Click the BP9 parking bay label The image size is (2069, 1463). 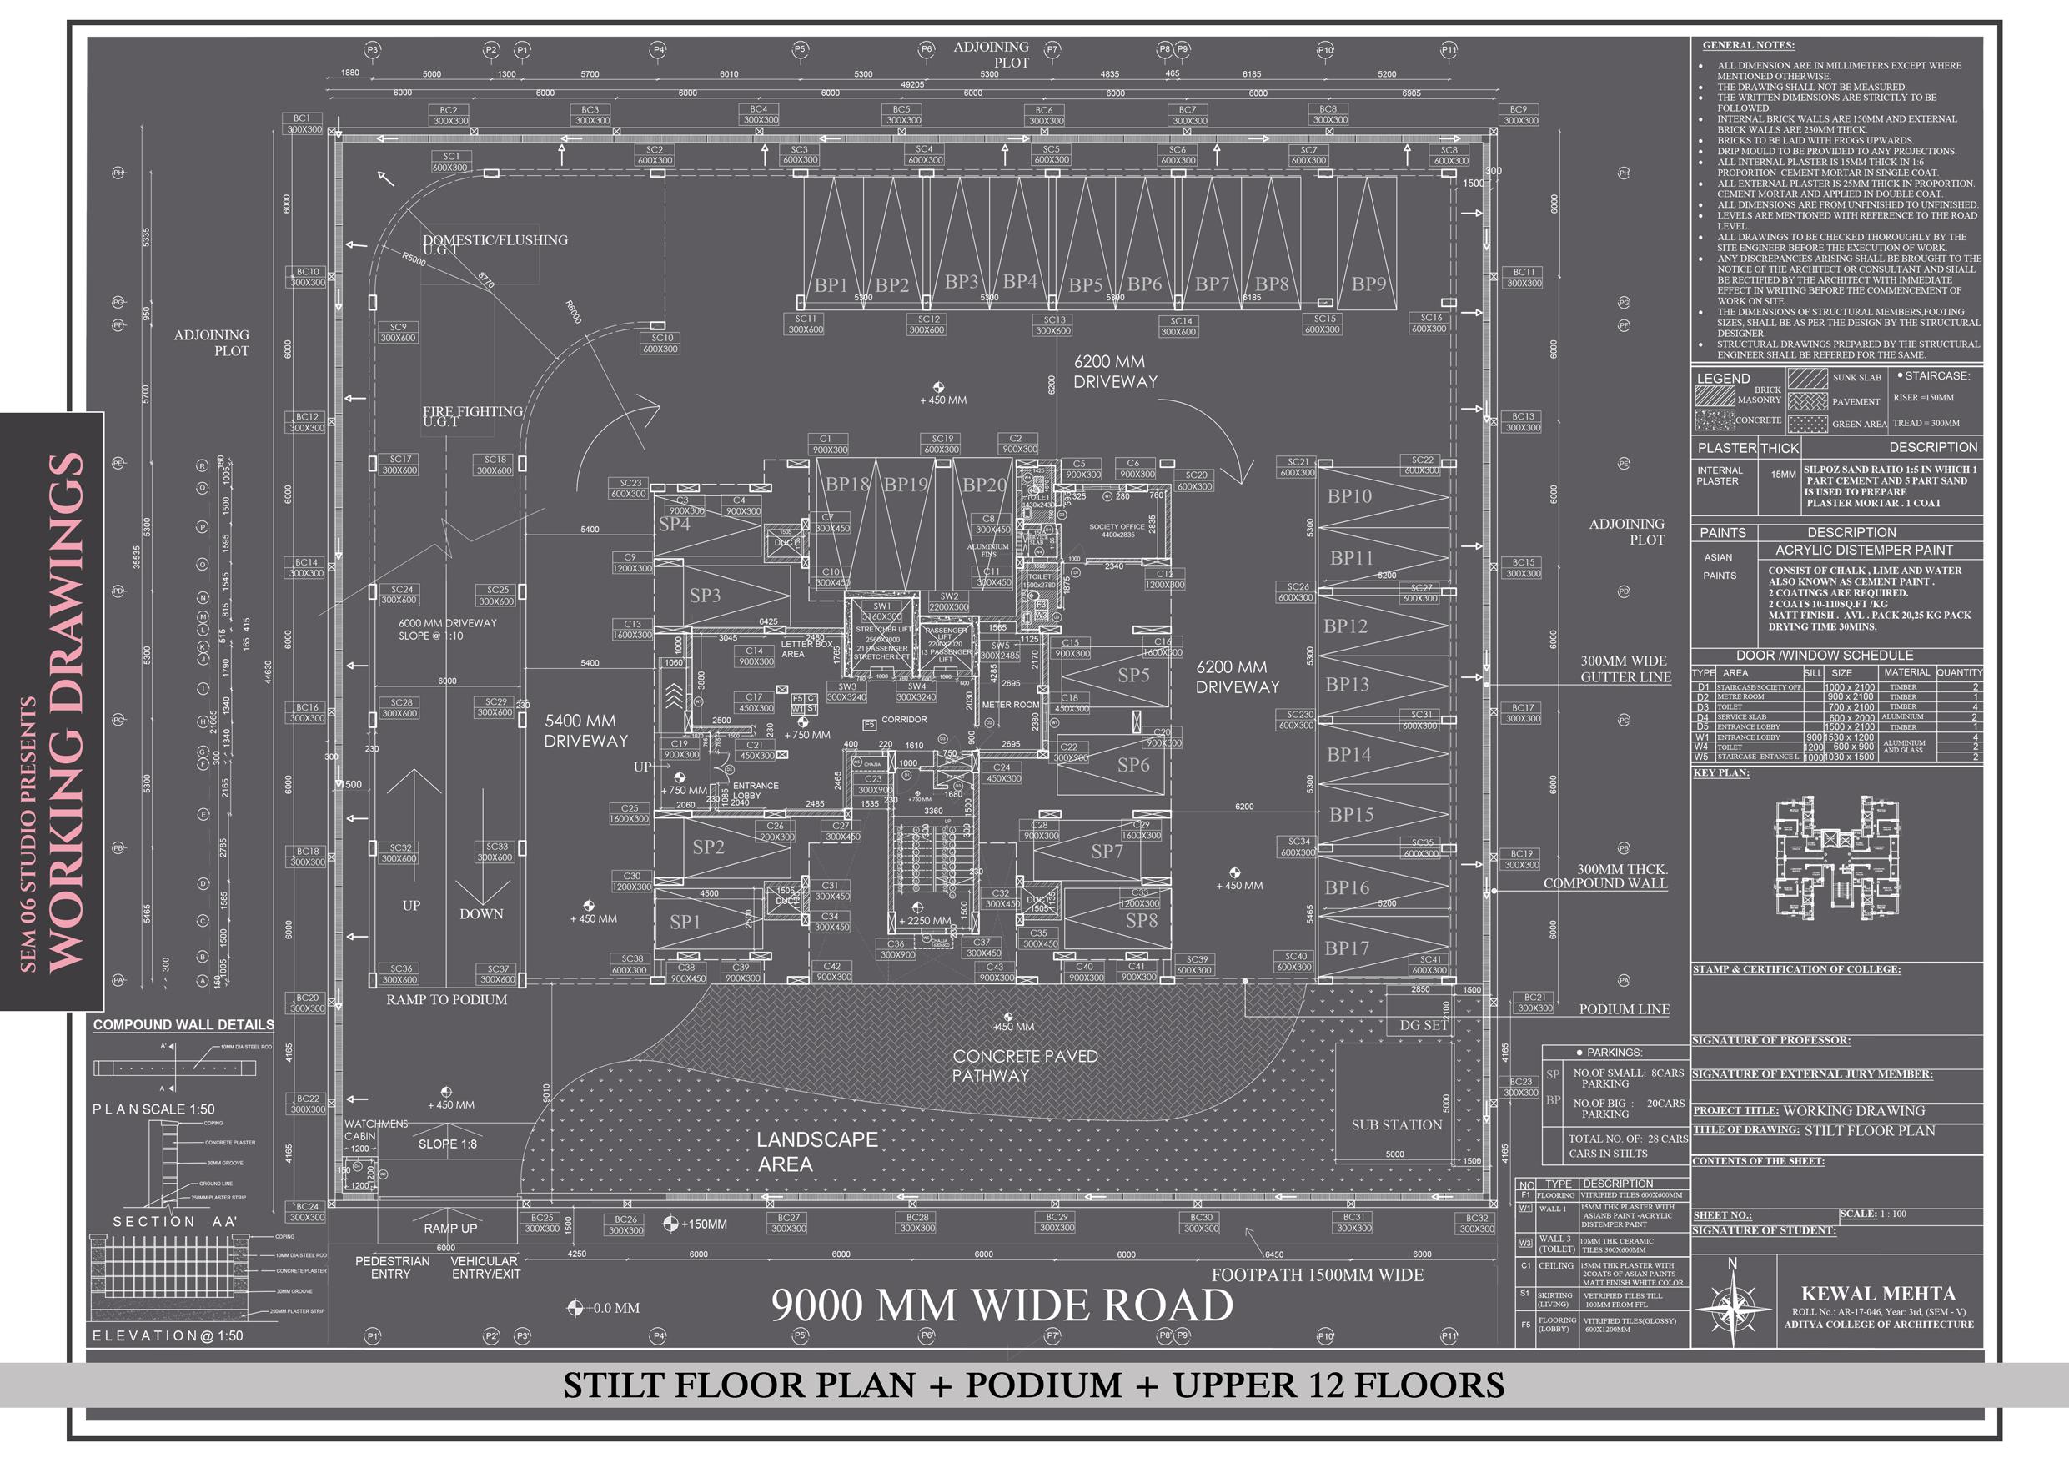[1368, 284]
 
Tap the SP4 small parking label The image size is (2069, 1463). [674, 525]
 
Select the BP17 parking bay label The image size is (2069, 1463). [1346, 948]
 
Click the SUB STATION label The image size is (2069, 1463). [1396, 1125]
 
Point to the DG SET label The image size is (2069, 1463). [1423, 1025]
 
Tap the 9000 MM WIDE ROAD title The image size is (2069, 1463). [1002, 1305]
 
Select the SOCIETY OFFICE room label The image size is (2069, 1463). [1117, 530]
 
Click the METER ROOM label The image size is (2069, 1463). [1010, 705]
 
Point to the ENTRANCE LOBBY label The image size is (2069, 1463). [756, 791]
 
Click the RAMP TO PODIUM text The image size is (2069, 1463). [446, 1000]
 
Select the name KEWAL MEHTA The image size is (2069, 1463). [1877, 1294]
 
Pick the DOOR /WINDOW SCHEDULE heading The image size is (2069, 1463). [1824, 656]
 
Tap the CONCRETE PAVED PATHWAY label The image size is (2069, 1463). [1025, 1065]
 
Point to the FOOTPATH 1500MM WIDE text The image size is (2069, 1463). [1317, 1275]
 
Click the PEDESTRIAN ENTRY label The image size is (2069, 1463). [392, 1267]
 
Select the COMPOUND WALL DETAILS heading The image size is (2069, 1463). [183, 1025]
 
